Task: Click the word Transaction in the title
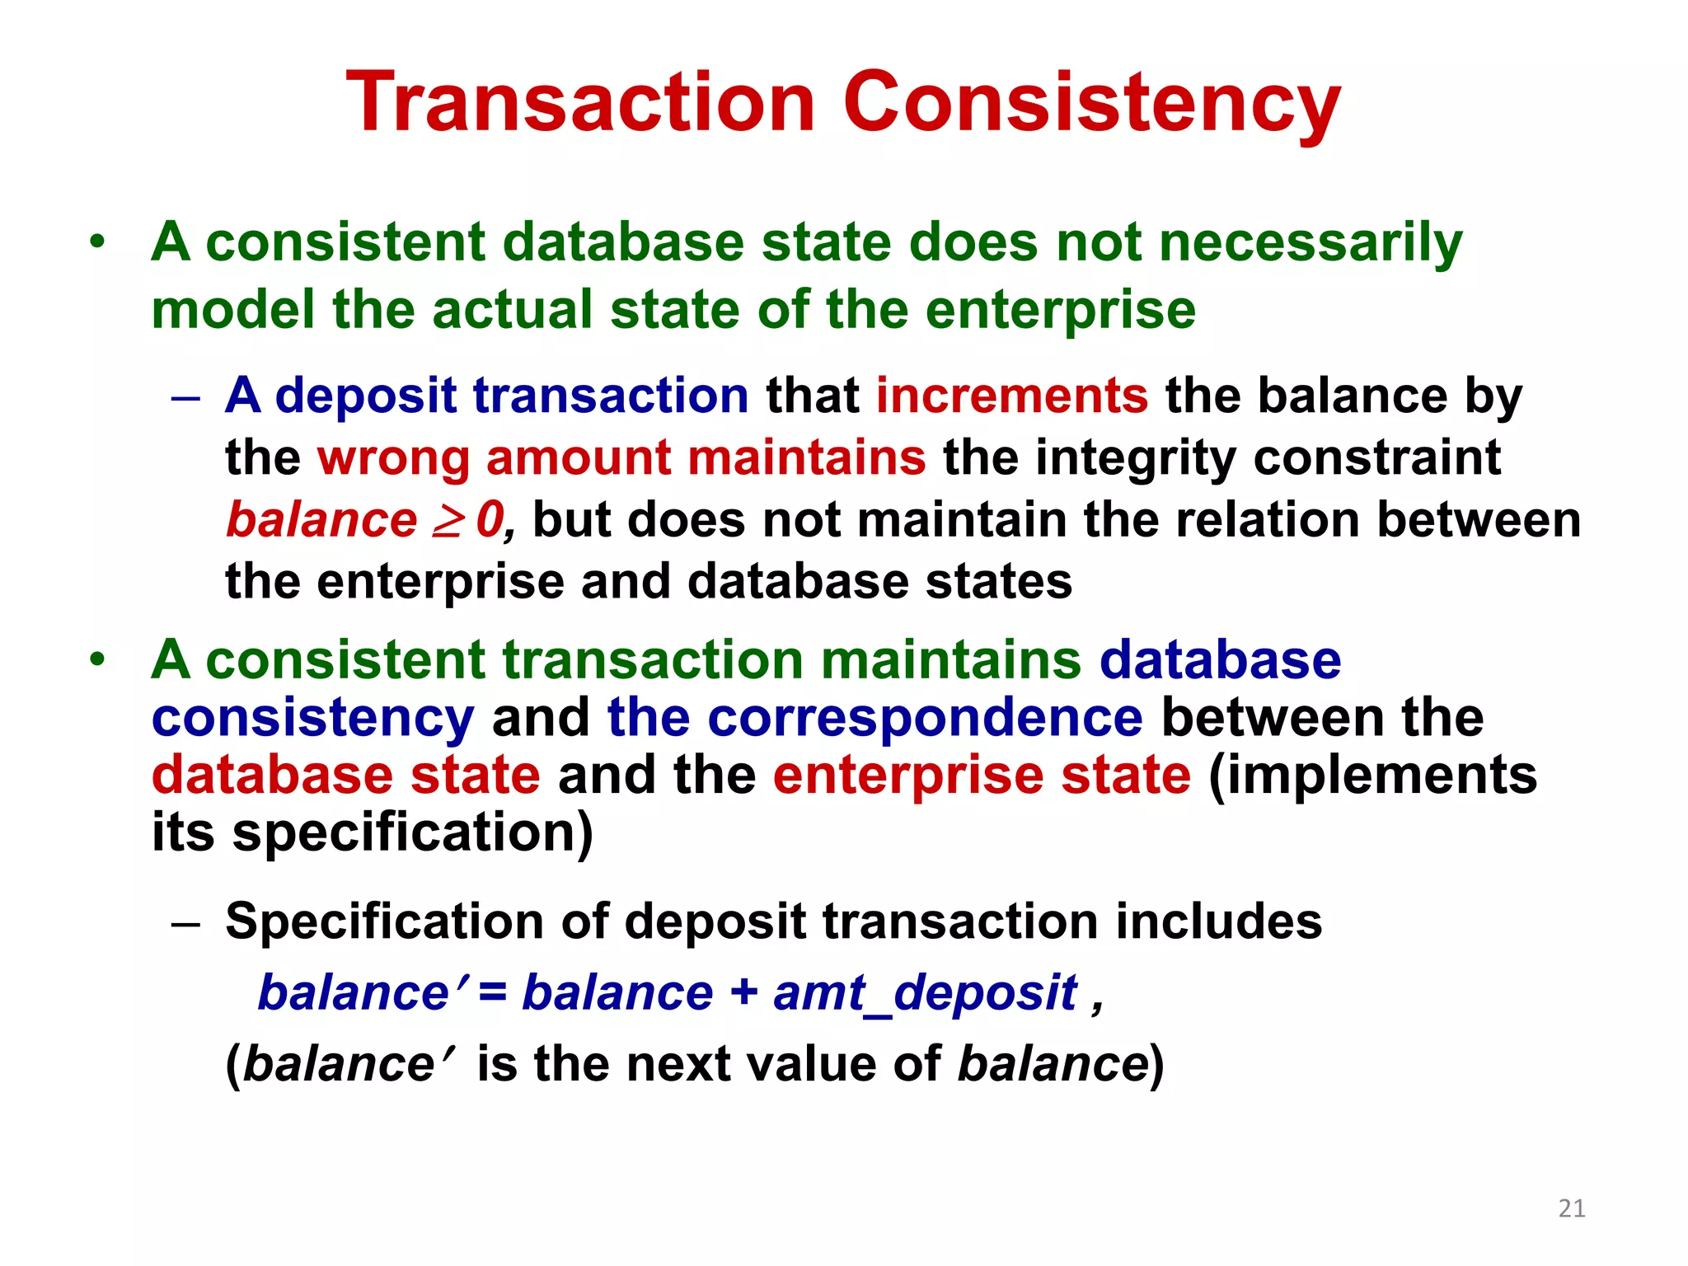tap(580, 102)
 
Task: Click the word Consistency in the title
tap(1091, 102)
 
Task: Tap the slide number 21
tap(1572, 1208)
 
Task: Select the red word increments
tap(1011, 396)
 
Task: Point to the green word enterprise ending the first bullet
tap(1060, 310)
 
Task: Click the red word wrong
tap(392, 458)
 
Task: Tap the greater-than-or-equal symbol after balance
tap(447, 521)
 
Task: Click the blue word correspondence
tap(925, 718)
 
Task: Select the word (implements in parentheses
tap(1372, 776)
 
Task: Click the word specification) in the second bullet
tap(412, 832)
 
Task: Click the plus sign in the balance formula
tap(743, 992)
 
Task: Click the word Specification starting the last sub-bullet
tap(384, 921)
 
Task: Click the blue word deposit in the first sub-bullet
tap(365, 396)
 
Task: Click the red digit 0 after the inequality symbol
tap(489, 521)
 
